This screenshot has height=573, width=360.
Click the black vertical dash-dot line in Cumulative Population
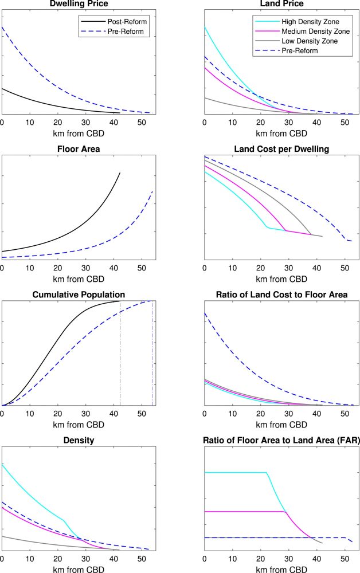pos(120,355)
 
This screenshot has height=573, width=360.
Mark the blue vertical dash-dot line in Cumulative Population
pos(152,355)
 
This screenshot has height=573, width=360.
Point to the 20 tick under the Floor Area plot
pos(58,269)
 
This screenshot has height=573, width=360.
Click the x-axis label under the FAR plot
pos(280,570)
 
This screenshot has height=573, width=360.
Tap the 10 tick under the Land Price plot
pos(232,123)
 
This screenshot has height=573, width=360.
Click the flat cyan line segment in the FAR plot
pos(235,472)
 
